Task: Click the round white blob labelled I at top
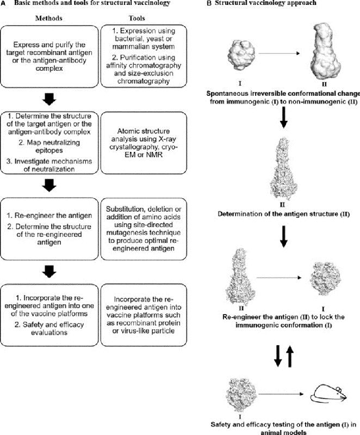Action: click(240, 53)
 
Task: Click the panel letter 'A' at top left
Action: click(3, 4)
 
